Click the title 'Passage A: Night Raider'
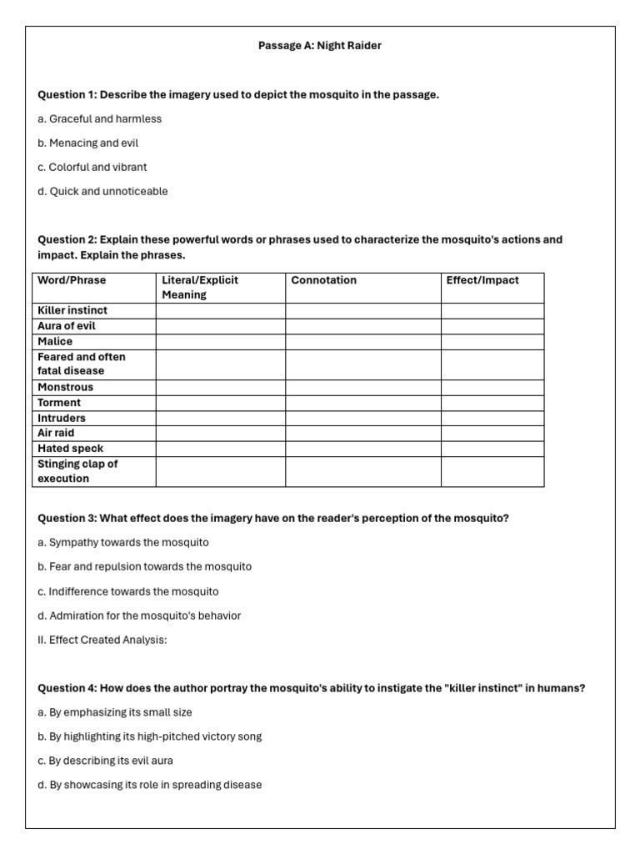(320, 46)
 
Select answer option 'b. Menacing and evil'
(87, 143)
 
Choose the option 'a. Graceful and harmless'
(99, 118)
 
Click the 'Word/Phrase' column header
(72, 280)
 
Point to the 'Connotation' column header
(323, 280)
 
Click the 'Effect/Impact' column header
(482, 280)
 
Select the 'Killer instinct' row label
(72, 310)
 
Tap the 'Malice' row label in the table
(55, 341)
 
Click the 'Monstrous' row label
(66, 387)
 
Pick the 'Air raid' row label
(56, 433)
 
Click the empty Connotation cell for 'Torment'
(362, 403)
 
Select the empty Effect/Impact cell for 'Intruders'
(492, 418)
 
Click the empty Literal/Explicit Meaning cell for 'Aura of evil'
(220, 326)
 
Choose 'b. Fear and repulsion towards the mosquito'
(144, 566)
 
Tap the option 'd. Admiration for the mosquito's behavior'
(139, 615)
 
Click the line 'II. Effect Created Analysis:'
(102, 640)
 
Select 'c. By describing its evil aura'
(105, 761)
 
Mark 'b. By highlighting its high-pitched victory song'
(149, 736)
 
